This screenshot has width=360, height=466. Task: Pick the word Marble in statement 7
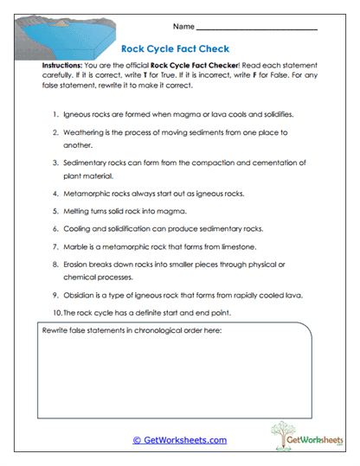(x=76, y=247)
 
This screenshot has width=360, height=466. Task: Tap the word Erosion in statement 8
(x=77, y=266)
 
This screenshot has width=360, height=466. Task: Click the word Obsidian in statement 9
(x=80, y=295)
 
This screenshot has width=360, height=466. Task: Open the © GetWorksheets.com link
(x=179, y=440)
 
